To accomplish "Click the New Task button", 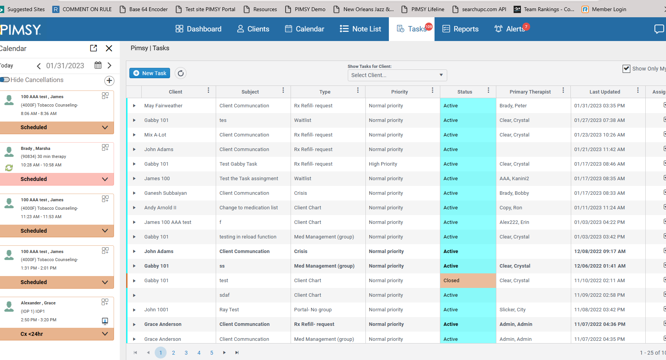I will pyautogui.click(x=150, y=73).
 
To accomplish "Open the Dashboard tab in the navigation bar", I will pyautogui.click(x=198, y=29).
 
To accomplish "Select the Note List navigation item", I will pyautogui.click(x=360, y=29).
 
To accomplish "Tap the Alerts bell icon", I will pyautogui.click(x=498, y=29).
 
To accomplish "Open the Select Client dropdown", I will pyautogui.click(x=397, y=75).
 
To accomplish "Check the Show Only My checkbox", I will pyautogui.click(x=626, y=69).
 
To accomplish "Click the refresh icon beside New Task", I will pyautogui.click(x=180, y=73).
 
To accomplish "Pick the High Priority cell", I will pyautogui.click(x=383, y=164).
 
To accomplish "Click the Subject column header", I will pyautogui.click(x=250, y=92).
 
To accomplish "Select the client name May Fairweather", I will pyautogui.click(x=163, y=106).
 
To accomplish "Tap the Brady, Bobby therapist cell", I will pyautogui.click(x=514, y=193).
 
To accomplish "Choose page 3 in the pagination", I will pyautogui.click(x=186, y=353).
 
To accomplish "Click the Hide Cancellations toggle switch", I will pyautogui.click(x=5, y=80).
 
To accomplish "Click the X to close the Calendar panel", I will pyautogui.click(x=109, y=48).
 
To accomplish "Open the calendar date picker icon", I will pyautogui.click(x=98, y=65).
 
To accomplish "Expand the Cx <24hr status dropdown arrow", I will pyautogui.click(x=105, y=334).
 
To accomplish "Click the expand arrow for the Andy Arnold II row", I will pyautogui.click(x=134, y=208).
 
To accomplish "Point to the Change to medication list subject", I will pyautogui.click(x=248, y=208).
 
